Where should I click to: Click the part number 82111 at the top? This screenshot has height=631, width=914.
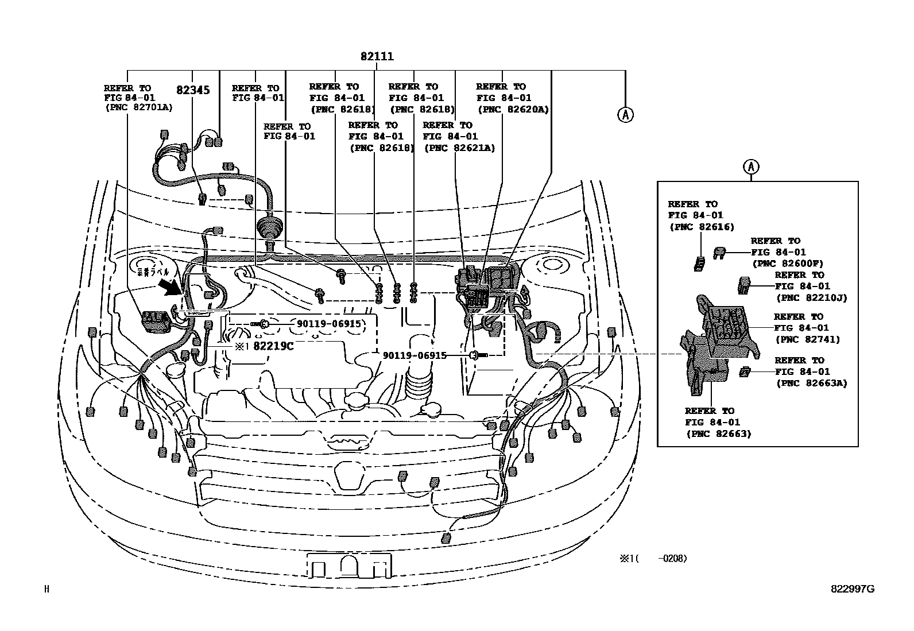pyautogui.click(x=377, y=57)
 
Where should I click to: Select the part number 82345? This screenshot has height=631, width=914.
pyautogui.click(x=193, y=90)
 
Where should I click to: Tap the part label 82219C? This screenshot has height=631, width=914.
pyautogui.click(x=273, y=346)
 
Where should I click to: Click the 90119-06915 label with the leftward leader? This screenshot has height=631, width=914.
pyautogui.click(x=329, y=324)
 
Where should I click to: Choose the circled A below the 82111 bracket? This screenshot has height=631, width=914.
pyautogui.click(x=625, y=115)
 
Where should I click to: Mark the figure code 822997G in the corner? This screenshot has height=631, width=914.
pyautogui.click(x=853, y=589)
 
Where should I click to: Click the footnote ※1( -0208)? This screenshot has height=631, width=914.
pyautogui.click(x=653, y=558)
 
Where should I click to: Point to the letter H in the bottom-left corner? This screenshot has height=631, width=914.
pyautogui.click(x=47, y=589)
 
